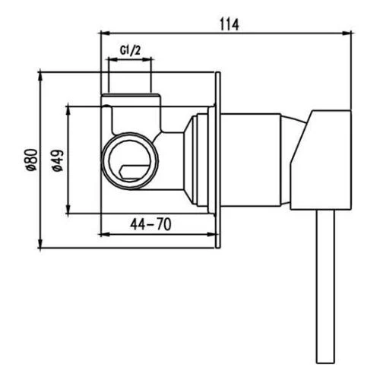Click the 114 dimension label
tap(230, 24)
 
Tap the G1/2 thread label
tap(130, 51)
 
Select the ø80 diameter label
tap(33, 160)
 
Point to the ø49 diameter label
tap(58, 160)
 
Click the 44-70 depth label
tap(150, 224)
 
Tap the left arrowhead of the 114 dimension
tap(105, 33)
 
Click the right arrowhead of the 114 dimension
tap(347, 33)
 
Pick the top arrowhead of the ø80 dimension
tap(40, 77)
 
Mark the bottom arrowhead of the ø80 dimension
tap(40, 244)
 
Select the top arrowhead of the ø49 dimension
tap(68, 110)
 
